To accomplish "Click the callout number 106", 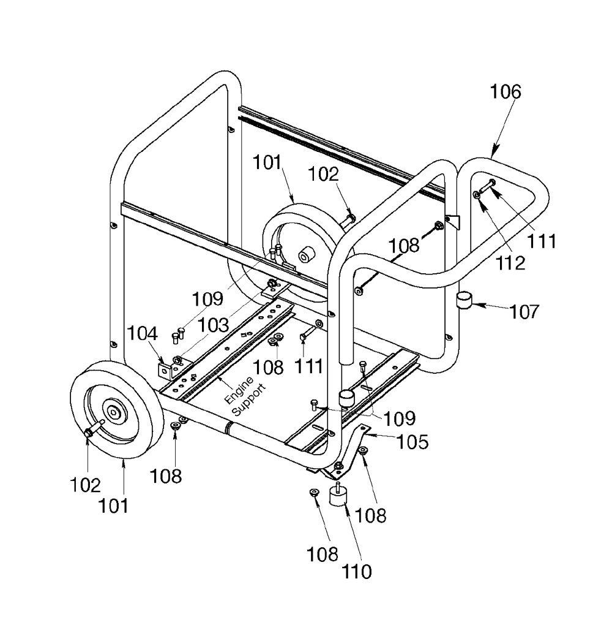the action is click(x=506, y=92).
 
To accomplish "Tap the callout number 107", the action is click(x=524, y=311).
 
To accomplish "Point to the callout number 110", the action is click(x=357, y=572).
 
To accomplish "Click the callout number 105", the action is click(x=412, y=442).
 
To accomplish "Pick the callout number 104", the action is click(x=142, y=333).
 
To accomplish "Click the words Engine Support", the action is click(x=245, y=396).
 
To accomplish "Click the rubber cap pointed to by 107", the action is click(x=465, y=300).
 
